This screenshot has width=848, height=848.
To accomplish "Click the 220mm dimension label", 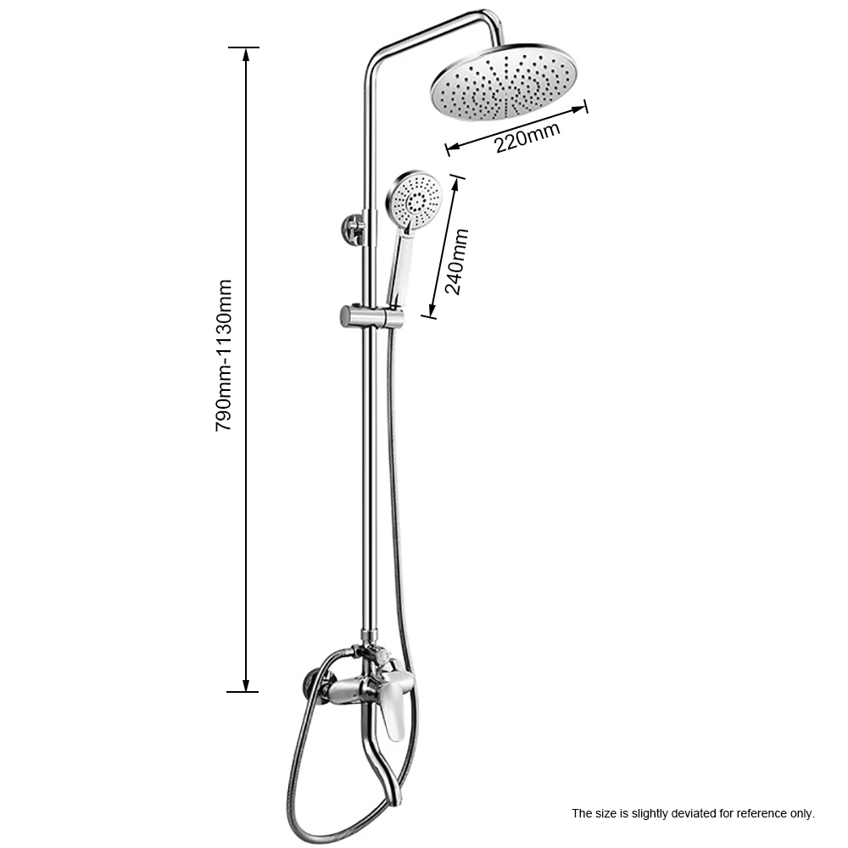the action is [528, 137].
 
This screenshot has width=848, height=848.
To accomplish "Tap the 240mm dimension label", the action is [455, 260].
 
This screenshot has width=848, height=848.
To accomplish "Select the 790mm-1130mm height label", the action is [224, 356].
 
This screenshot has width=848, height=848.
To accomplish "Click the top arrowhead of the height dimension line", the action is [246, 53].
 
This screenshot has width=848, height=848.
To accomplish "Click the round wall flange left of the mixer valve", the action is [312, 685].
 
